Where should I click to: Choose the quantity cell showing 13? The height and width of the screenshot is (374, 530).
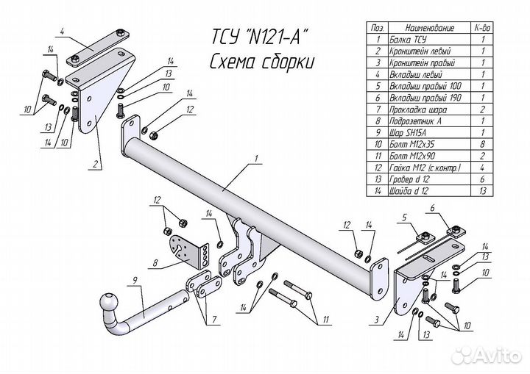(481, 191)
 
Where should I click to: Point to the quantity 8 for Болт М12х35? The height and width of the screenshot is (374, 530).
(481, 144)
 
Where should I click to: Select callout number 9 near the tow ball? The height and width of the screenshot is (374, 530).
(135, 279)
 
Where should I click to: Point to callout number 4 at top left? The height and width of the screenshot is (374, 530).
(64, 30)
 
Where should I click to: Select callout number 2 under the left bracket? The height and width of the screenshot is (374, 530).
(96, 165)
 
